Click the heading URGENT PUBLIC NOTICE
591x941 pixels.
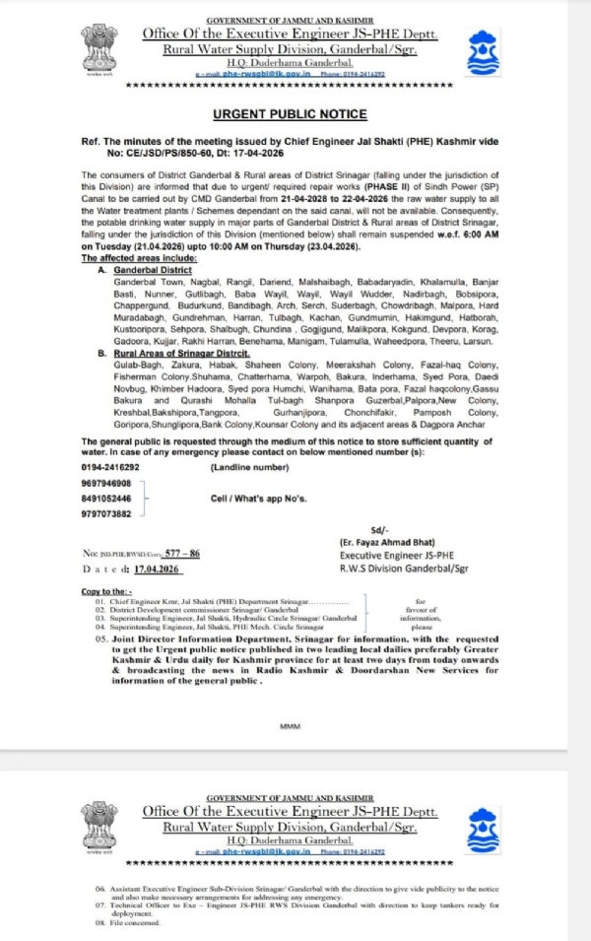(x=290, y=114)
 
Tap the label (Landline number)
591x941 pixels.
(x=249, y=466)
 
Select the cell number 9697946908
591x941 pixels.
(x=105, y=483)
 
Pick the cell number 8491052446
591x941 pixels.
(x=105, y=499)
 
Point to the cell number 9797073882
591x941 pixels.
(x=105, y=513)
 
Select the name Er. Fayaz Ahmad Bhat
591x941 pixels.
(x=383, y=543)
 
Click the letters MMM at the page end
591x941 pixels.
(x=290, y=726)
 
